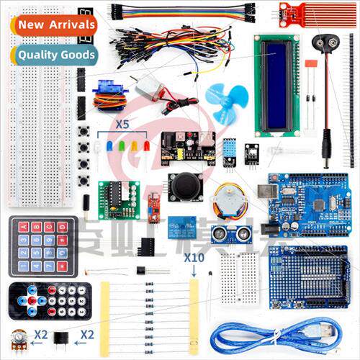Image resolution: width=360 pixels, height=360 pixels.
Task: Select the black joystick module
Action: point(186,186)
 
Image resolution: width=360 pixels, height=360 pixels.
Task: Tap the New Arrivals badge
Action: point(56,25)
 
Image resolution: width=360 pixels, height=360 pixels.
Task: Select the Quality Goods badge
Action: point(56,54)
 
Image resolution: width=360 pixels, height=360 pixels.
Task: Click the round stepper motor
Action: point(228,198)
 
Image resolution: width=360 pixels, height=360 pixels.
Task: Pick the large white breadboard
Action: point(41,108)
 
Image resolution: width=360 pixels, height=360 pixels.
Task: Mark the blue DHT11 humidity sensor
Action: point(230,151)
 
